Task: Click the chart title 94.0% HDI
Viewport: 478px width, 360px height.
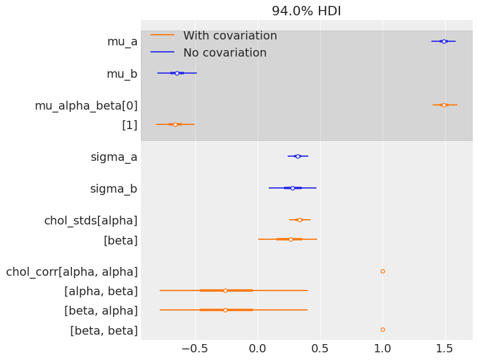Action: (x=306, y=11)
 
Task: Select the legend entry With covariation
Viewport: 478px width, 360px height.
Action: (x=230, y=36)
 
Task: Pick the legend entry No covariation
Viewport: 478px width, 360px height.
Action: (x=225, y=53)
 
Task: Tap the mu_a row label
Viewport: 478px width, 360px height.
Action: (x=122, y=41)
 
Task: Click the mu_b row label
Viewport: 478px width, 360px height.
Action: (x=122, y=74)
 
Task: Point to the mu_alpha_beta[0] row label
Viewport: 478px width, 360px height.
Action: (x=86, y=106)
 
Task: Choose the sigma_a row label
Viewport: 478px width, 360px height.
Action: (x=114, y=157)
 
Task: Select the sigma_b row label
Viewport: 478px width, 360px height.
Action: (x=114, y=189)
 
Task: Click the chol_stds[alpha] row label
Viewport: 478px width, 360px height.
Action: (x=91, y=221)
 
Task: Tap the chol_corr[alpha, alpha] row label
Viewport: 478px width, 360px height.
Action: (x=72, y=272)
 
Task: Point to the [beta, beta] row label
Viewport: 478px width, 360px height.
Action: (x=104, y=331)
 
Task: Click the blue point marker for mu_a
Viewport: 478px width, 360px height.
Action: (x=444, y=41)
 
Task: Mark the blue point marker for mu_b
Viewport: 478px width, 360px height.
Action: (x=177, y=73)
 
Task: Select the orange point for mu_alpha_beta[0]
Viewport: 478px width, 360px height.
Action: (x=444, y=105)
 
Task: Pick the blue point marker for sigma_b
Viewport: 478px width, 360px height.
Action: (x=292, y=188)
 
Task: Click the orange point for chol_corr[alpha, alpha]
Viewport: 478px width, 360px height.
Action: (x=383, y=272)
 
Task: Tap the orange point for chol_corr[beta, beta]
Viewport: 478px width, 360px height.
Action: (x=383, y=329)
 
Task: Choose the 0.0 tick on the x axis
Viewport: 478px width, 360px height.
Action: (x=258, y=347)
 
